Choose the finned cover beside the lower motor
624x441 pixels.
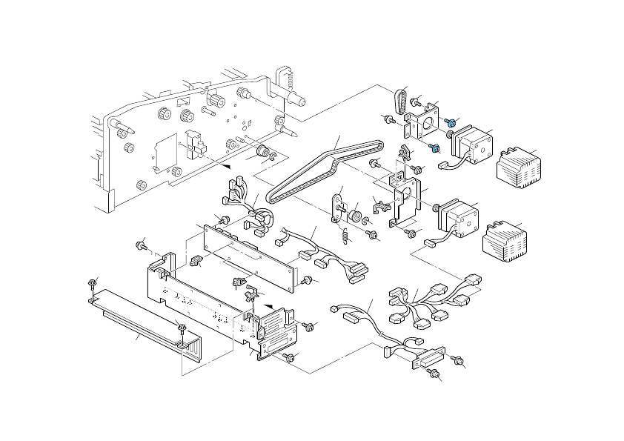(x=505, y=239)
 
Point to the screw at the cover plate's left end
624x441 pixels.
(x=93, y=284)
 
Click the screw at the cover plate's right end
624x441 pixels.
(x=181, y=328)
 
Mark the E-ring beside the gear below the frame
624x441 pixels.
(x=273, y=156)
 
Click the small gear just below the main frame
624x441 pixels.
(x=262, y=152)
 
